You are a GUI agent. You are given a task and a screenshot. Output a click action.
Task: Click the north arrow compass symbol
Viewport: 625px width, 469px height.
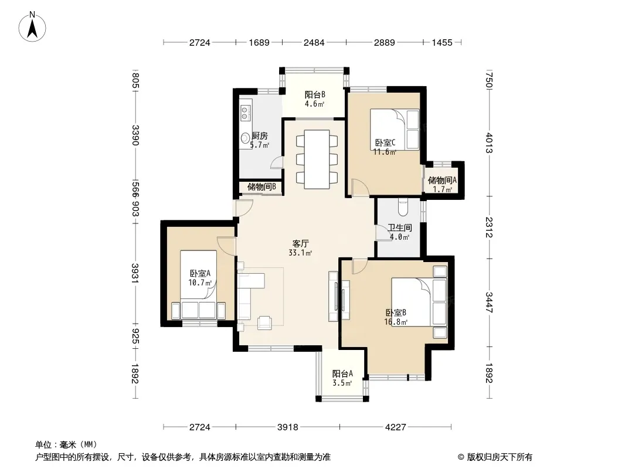tap(32, 27)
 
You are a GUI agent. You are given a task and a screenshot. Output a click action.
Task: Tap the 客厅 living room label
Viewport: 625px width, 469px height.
tap(301, 243)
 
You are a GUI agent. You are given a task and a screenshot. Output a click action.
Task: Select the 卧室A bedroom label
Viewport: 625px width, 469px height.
tap(200, 273)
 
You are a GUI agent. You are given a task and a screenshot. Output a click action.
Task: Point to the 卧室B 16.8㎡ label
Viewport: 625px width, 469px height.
tap(396, 317)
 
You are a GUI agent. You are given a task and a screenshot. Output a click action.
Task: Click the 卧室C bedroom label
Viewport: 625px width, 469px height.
tap(385, 142)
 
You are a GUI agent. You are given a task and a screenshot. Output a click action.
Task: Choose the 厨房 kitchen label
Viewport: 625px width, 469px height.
tap(260, 136)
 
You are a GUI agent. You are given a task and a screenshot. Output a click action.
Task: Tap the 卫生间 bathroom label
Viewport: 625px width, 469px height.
tap(400, 227)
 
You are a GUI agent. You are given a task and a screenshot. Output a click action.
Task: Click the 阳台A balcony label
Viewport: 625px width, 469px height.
tap(342, 373)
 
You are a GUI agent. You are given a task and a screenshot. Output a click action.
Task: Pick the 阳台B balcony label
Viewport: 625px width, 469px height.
tap(315, 94)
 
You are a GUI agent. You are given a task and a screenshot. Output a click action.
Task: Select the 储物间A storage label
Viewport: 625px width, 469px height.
tap(442, 180)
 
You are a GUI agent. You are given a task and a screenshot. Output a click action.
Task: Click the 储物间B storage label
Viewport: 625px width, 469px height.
tap(261, 186)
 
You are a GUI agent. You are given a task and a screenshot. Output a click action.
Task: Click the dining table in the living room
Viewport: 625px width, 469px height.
tap(317, 159)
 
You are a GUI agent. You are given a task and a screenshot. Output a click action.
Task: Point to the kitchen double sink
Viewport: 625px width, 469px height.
tap(244, 113)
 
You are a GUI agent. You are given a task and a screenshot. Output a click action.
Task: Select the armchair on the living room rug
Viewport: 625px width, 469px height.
tap(264, 322)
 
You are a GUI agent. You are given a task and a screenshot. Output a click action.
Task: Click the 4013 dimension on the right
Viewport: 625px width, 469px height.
tap(489, 142)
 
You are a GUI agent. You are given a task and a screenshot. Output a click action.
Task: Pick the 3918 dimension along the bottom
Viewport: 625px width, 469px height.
tap(288, 427)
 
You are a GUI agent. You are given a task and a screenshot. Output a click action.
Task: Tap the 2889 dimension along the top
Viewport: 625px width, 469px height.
tap(384, 42)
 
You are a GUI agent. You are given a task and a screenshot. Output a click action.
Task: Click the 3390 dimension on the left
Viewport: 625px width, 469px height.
tap(135, 135)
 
